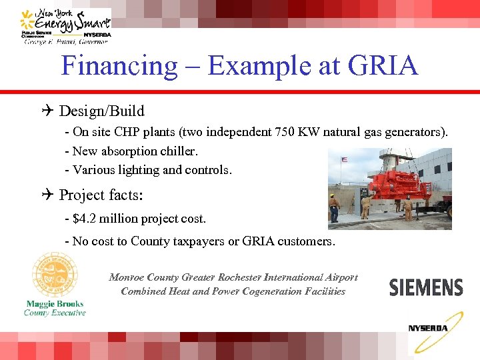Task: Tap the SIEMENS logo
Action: (425, 287)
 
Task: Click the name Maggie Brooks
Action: (55, 303)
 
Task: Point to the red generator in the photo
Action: (383, 179)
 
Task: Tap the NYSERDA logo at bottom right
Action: (428, 331)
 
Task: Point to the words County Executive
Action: (55, 313)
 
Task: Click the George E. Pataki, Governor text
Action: (65, 41)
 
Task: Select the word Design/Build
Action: (101, 111)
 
